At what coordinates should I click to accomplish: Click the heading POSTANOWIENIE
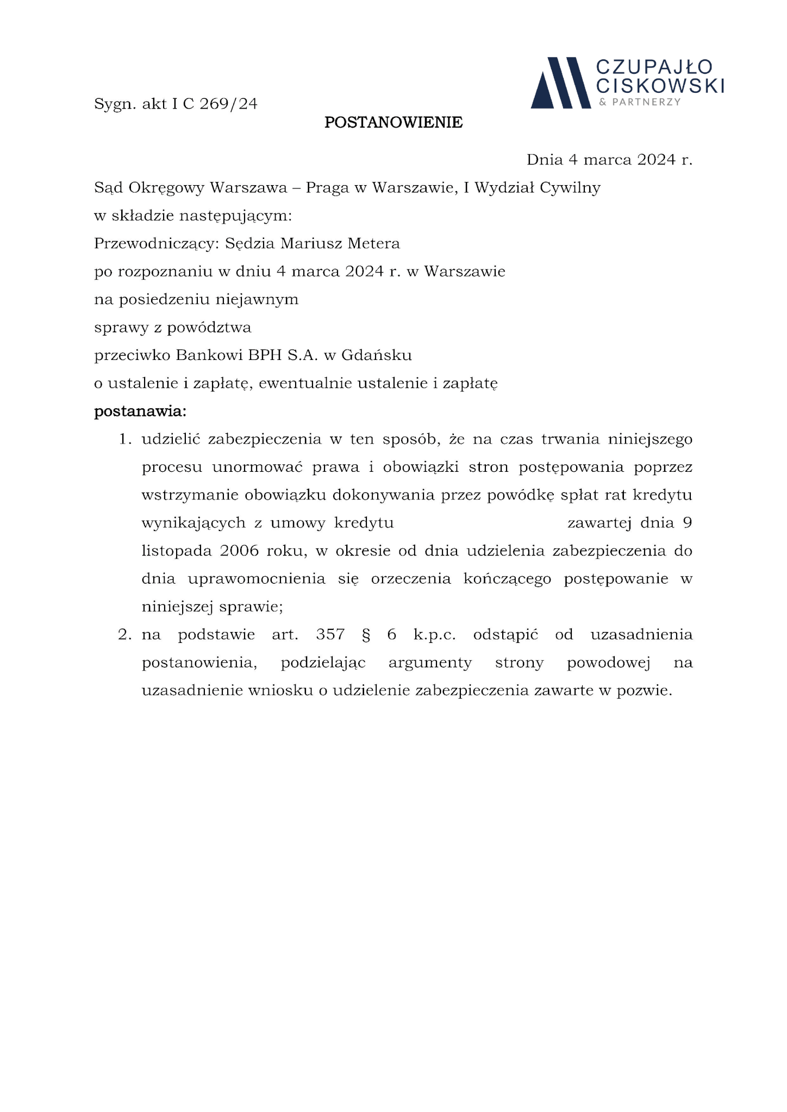393,123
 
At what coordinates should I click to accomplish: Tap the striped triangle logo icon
560,83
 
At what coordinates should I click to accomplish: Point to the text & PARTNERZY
639,102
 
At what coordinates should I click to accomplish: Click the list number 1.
124,439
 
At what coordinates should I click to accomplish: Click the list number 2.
124,635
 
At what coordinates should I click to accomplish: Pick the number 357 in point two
330,635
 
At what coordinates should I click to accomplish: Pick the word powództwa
209,328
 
